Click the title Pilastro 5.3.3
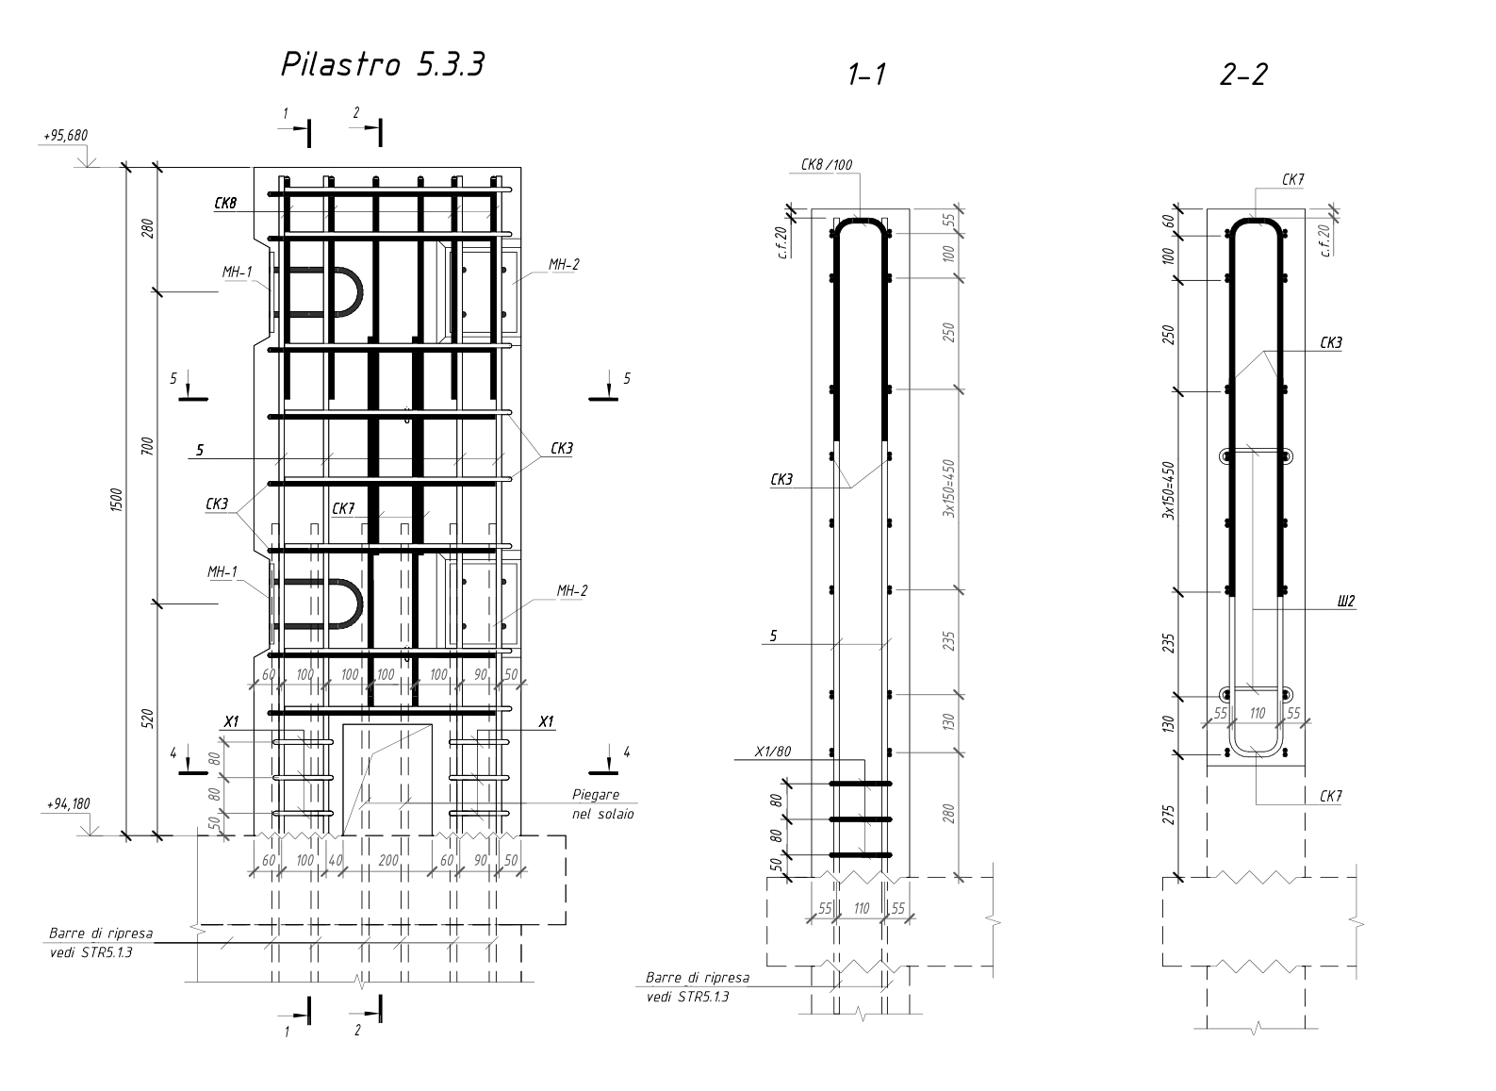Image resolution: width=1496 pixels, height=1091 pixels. (383, 65)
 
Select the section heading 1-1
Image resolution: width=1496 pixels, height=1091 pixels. (866, 75)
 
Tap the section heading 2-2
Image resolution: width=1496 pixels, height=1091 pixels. (1242, 75)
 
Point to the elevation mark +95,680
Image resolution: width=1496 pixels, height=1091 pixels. (64, 136)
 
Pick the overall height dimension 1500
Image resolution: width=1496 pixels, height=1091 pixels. (115, 500)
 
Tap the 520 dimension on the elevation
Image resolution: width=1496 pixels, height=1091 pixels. (146, 719)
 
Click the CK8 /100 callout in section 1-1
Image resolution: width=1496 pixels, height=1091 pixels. (826, 165)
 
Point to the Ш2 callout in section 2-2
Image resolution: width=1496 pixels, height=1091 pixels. (1345, 601)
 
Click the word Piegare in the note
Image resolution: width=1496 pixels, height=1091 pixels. (596, 795)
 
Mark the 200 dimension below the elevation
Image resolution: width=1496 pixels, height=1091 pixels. (387, 860)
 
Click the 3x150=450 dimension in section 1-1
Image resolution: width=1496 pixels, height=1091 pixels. (950, 488)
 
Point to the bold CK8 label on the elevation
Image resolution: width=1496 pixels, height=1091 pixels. (225, 203)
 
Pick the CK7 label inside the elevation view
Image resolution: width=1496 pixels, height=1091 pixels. (342, 509)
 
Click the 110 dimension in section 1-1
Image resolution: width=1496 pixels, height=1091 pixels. (861, 909)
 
